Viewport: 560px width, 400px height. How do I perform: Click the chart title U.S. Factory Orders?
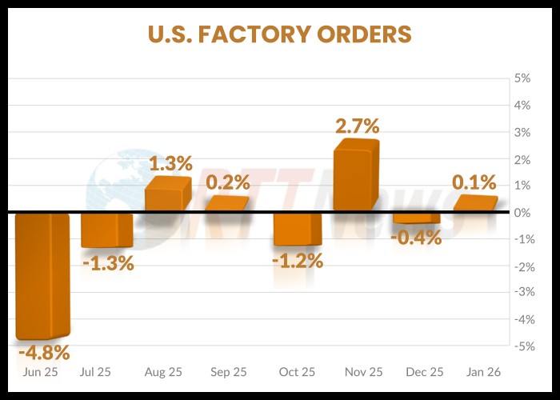tap(279, 34)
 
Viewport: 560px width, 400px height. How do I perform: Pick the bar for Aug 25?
tap(167, 195)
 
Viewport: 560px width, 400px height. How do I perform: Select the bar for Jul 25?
tap(106, 230)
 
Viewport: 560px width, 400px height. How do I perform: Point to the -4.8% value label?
tap(44, 352)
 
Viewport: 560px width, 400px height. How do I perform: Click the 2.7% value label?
tap(356, 126)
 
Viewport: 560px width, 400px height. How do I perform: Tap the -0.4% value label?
tap(416, 237)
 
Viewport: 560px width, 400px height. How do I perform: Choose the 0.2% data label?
tap(227, 182)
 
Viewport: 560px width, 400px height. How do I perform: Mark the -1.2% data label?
tap(297, 260)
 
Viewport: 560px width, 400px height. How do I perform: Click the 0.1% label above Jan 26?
tap(474, 182)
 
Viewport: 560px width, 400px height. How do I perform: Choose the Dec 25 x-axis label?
tap(424, 372)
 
